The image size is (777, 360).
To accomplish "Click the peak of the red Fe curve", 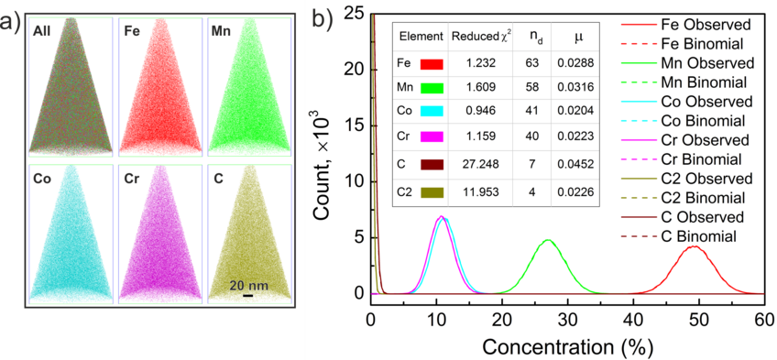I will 695,245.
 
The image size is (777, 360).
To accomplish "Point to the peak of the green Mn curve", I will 547,240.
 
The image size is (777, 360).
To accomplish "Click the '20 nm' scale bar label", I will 248,285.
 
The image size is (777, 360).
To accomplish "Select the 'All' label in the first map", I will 42,30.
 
